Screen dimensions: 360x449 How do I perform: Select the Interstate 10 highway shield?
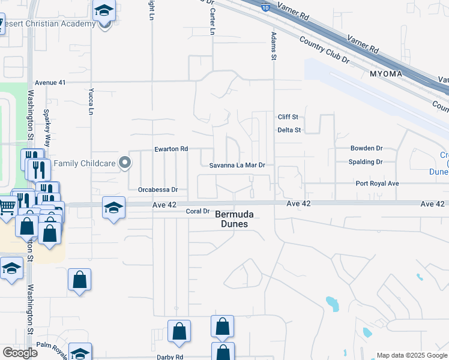coord(265,8)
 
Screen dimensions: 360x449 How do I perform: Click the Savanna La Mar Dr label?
coord(237,164)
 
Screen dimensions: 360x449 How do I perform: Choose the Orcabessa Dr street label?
coord(158,189)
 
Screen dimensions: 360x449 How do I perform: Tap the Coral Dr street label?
coord(197,211)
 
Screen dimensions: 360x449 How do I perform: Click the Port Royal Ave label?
coord(377,184)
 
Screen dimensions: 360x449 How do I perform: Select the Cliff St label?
coord(288,117)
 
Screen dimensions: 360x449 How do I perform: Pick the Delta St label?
coord(289,130)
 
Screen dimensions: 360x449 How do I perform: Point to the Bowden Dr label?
coord(366,148)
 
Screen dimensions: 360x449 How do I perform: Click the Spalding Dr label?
coord(366,162)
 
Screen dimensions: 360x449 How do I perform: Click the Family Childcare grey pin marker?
coord(125,163)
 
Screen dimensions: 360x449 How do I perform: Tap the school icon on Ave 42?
coord(113,208)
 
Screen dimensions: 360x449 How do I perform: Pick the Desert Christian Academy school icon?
coord(104,12)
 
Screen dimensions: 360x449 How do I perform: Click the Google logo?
coord(20,353)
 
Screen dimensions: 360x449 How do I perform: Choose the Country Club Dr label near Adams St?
coord(325,49)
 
